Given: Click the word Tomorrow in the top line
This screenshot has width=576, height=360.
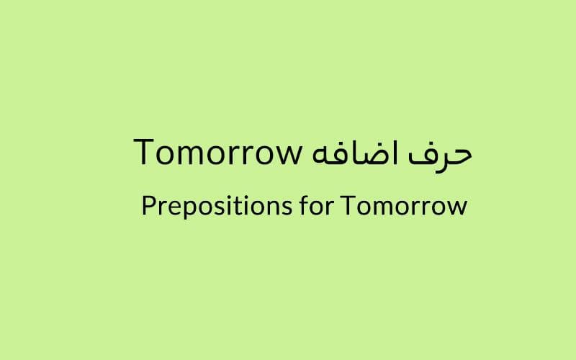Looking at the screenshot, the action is click(x=218, y=152).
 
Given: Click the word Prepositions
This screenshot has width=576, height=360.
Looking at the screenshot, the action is click(x=217, y=207).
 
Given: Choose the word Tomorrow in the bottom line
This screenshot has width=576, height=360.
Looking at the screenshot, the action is click(x=404, y=206).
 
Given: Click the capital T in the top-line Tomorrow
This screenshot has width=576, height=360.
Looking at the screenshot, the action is click(x=143, y=152).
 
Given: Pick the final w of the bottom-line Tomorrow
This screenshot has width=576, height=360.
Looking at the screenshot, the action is click(x=456, y=208).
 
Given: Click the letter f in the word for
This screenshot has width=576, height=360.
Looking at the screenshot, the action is click(x=305, y=205).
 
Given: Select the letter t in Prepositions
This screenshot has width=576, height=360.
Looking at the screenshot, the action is click(x=239, y=207).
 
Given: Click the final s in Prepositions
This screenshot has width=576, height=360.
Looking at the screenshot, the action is click(x=287, y=208).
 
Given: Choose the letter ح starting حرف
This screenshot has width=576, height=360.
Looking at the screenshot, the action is click(x=457, y=158).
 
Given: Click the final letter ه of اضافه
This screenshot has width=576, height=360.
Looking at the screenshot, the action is click(x=320, y=156).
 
